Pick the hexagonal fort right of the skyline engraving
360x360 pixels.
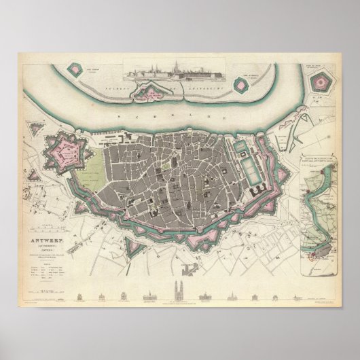[240, 84]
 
